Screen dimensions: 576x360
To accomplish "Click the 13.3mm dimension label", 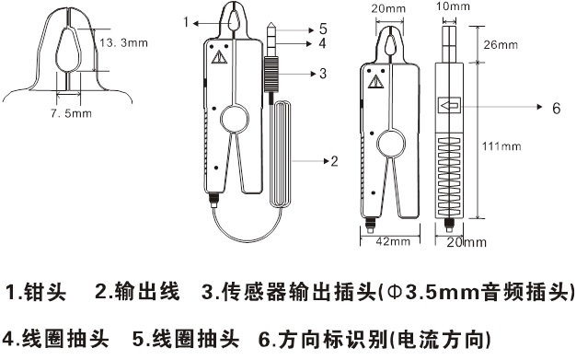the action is point(124,42).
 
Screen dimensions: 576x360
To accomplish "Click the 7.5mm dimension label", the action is point(71,113).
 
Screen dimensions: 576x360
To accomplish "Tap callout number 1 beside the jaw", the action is point(186,22).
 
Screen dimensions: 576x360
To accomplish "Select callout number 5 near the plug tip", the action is point(323,29).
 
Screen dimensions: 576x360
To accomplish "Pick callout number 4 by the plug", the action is point(322,43).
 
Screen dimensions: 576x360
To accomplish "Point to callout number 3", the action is point(323,74).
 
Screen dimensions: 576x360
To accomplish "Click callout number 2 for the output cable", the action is point(334,161).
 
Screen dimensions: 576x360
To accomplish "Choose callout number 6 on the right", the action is point(557,108).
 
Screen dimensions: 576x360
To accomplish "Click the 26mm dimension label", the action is point(501,45).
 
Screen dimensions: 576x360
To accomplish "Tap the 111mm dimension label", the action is point(501,146).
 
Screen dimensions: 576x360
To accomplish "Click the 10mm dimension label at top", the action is point(453,6).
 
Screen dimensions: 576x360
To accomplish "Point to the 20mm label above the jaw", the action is point(388,8).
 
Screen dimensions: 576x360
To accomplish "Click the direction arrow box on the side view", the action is point(449,106).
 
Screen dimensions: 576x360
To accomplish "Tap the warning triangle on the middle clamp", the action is point(219,57).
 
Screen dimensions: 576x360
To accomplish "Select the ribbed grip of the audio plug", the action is point(271,75).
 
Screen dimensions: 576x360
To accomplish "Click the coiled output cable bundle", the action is point(281,154).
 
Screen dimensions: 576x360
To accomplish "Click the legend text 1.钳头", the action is point(36,293).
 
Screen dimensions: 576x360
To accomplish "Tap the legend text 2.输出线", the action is point(137,292).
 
